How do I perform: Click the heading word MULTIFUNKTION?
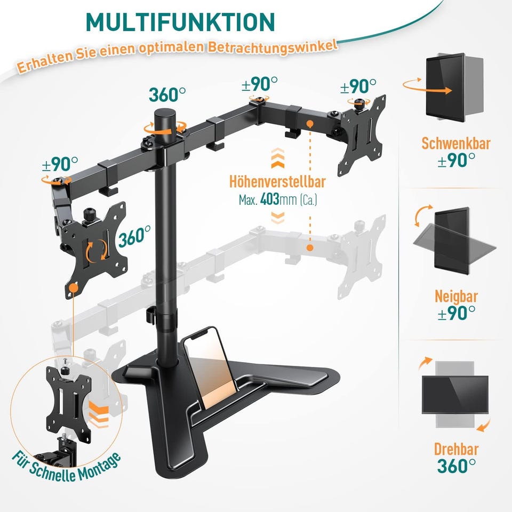(x=180, y=22)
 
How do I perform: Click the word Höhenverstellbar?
(x=277, y=182)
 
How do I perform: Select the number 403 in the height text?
(x=270, y=199)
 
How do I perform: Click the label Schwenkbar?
(x=456, y=143)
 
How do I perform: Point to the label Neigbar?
(x=456, y=296)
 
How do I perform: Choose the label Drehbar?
(x=456, y=449)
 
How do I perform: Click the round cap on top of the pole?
(x=165, y=115)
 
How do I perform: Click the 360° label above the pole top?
(x=167, y=95)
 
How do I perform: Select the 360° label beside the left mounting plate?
(x=134, y=236)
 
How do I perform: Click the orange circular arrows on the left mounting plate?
(x=97, y=251)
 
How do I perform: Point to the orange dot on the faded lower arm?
(x=310, y=247)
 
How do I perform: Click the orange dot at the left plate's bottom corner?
(x=74, y=287)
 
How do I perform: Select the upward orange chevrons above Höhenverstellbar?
(x=277, y=158)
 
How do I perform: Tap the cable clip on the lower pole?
(x=150, y=315)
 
